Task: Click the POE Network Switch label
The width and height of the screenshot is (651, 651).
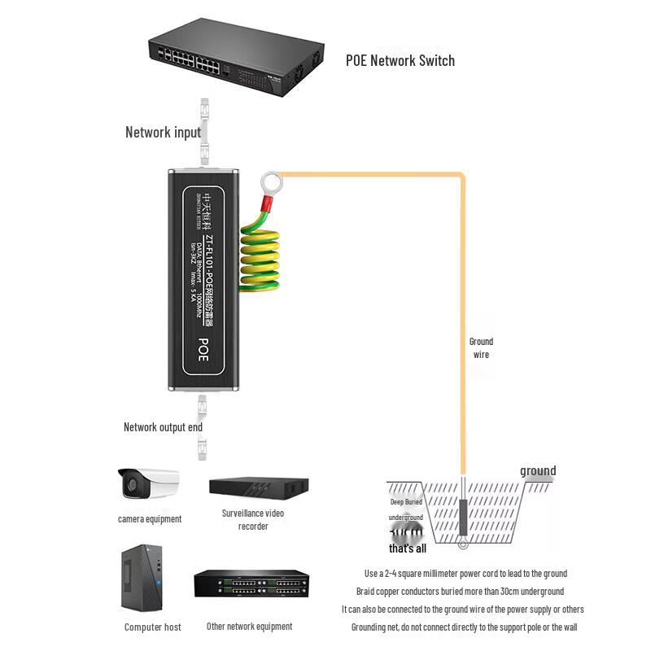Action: [x=400, y=60]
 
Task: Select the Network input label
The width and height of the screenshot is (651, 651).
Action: [x=163, y=132]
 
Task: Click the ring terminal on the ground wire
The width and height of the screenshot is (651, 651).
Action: [x=269, y=184]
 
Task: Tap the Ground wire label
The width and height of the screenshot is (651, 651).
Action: [x=481, y=347]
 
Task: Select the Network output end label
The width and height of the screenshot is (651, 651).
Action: [x=163, y=426]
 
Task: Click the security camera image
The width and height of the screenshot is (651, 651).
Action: [x=148, y=483]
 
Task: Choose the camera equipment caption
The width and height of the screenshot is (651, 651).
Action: [x=150, y=518]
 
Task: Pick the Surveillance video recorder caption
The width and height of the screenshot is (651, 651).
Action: [x=253, y=519]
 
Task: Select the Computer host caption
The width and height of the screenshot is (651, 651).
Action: [x=153, y=627]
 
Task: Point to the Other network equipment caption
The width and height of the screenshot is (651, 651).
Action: [x=249, y=626]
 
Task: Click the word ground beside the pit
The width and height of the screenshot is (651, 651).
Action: [x=538, y=470]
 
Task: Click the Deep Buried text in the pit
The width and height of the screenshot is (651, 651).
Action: [x=407, y=502]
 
